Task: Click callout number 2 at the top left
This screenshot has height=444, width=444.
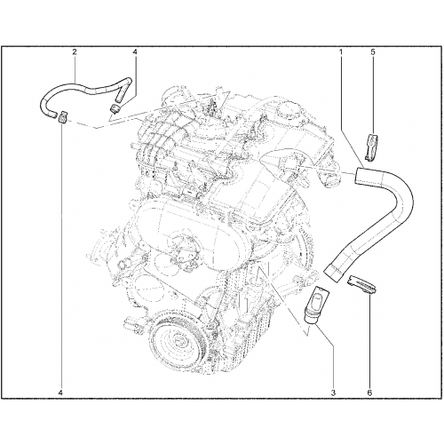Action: coord(75,52)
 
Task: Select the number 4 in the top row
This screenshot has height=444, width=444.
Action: coord(135,52)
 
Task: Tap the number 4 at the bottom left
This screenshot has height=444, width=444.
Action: coord(61,392)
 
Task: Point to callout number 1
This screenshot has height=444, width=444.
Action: coord(341,52)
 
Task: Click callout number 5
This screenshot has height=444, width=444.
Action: coord(373,52)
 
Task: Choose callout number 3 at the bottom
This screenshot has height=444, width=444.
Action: coord(333,392)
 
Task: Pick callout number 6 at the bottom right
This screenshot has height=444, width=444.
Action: coord(369,392)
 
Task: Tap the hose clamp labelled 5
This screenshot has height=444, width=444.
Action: coord(370,148)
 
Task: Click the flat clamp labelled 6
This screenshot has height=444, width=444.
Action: coord(361,285)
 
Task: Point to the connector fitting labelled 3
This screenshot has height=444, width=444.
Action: coord(317,305)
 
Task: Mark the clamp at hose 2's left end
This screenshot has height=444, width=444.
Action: coord(63,116)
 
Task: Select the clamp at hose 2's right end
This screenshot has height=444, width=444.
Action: coord(115,107)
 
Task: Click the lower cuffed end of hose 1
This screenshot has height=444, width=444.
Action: coord(333,273)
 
